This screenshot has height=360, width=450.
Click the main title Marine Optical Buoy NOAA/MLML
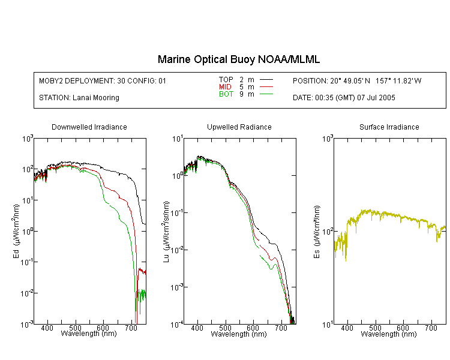click(238, 59)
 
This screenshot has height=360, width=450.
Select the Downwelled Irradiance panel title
click(89, 127)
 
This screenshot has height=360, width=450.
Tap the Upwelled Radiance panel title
click(239, 127)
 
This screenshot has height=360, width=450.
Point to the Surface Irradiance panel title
click(389, 127)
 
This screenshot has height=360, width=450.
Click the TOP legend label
click(226, 80)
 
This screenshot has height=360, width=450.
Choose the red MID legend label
click(225, 86)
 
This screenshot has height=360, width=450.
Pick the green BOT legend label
click(226, 94)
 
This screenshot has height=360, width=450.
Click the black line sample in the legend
click(266, 80)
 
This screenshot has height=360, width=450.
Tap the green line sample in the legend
click(266, 94)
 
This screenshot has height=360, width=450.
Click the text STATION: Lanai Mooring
click(79, 98)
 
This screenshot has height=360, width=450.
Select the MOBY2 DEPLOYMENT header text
click(103, 81)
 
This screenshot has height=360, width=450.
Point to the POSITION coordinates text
click(357, 81)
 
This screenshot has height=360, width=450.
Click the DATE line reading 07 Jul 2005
click(344, 98)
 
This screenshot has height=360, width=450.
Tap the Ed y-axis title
click(16, 231)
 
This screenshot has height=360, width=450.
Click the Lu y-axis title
click(166, 232)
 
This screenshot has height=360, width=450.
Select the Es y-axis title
click(317, 232)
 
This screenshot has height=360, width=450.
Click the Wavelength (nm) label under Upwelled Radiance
click(239, 334)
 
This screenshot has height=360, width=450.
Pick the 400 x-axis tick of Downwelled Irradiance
click(47, 328)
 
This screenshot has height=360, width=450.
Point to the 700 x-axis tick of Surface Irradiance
click(431, 328)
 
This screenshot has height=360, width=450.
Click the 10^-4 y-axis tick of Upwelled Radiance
click(177, 325)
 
